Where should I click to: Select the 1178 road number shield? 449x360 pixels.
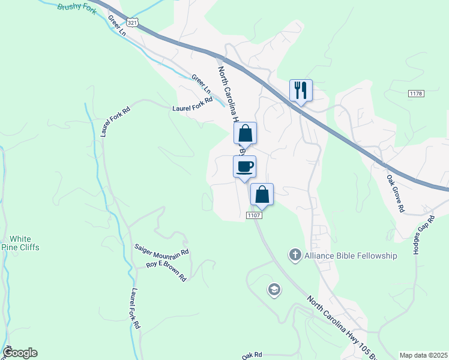point(415,94)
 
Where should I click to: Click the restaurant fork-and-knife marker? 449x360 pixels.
point(301,91)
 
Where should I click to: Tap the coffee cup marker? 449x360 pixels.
point(244,166)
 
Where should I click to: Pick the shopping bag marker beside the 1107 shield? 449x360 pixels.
point(262,194)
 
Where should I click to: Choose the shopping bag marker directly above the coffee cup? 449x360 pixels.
point(245,133)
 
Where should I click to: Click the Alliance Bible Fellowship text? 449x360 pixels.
point(351,256)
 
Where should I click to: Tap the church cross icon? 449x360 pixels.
point(295,255)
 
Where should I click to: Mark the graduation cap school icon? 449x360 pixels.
point(274,290)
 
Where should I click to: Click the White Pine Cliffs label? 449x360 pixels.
point(20,242)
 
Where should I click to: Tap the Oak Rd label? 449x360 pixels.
point(253,355)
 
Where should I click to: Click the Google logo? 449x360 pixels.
point(19,353)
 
